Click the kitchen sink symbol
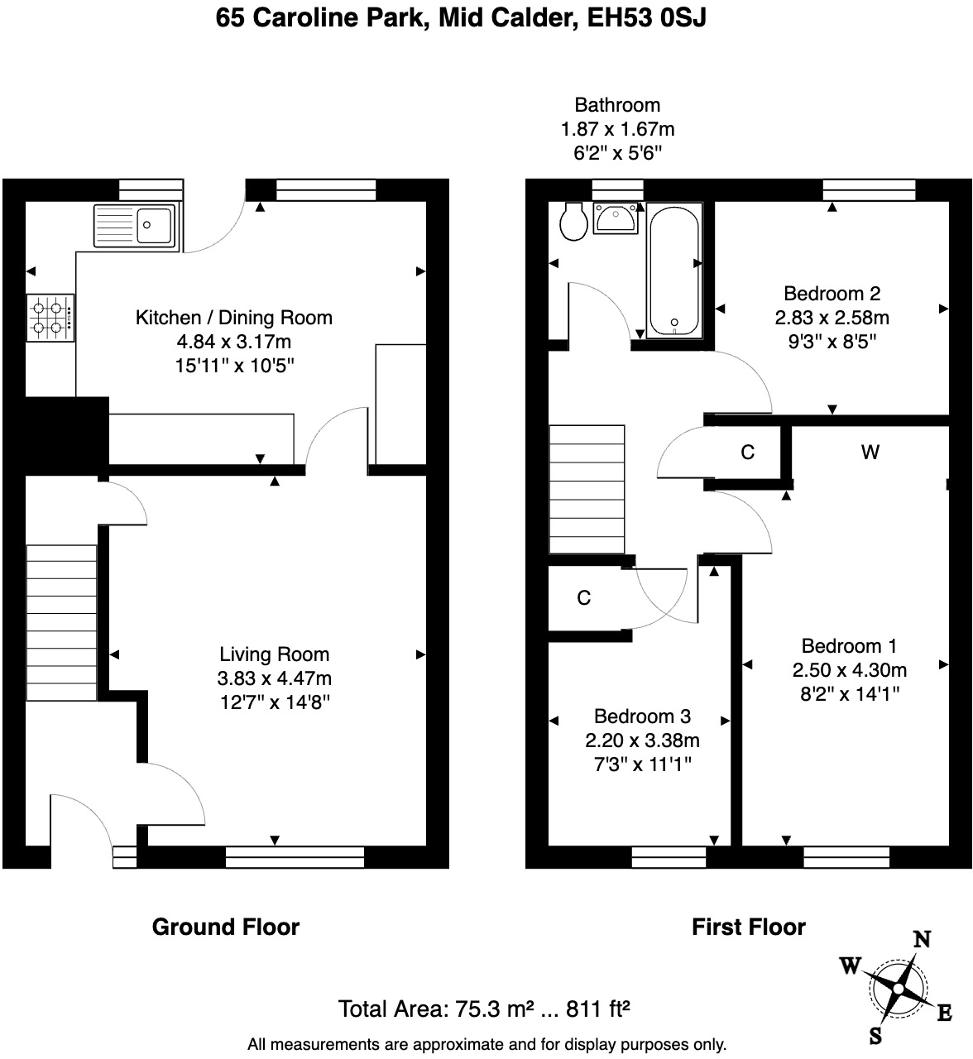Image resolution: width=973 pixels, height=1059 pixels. [135, 226]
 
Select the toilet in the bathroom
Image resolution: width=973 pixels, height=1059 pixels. [573, 222]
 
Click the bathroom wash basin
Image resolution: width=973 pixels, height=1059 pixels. [615, 218]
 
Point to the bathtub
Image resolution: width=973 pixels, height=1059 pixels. [675, 271]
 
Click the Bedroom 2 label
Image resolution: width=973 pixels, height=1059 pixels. [832, 294]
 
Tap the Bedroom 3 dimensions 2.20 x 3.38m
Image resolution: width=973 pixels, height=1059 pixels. [642, 740]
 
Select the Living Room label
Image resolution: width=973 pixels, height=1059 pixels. [275, 654]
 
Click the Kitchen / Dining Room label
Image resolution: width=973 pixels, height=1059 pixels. [234, 318]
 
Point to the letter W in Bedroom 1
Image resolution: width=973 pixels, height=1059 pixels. [870, 452]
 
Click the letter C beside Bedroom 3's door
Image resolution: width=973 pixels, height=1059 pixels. [584, 598]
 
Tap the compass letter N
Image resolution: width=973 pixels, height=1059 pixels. [921, 939]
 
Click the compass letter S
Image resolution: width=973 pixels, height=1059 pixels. [875, 1036]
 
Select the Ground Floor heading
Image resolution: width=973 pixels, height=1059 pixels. [226, 927]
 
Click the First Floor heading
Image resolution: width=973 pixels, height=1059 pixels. [748, 927]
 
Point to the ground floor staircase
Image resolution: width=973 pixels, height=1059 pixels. [62, 621]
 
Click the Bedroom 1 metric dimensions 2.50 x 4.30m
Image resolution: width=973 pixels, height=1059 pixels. [849, 670]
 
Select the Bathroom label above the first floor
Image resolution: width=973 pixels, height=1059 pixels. [617, 105]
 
